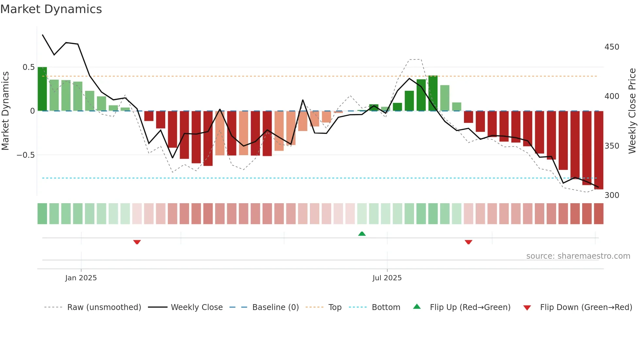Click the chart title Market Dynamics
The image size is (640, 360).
[x=51, y=9]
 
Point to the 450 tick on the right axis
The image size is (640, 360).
[x=612, y=47]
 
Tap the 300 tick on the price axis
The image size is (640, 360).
[x=612, y=195]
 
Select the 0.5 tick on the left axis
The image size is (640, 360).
[x=28, y=67]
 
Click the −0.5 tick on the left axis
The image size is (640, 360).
[x=26, y=155]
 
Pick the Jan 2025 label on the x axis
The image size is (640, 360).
[x=81, y=278]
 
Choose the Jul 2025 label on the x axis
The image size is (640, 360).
[x=387, y=278]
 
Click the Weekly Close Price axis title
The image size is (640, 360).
[x=632, y=111]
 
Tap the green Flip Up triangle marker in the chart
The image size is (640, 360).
[x=362, y=234]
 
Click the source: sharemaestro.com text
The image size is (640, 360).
[x=578, y=256]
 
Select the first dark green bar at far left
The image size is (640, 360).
[x=42, y=89]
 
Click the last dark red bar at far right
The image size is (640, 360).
[x=599, y=150]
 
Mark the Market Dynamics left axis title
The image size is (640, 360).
[x=5, y=111]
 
